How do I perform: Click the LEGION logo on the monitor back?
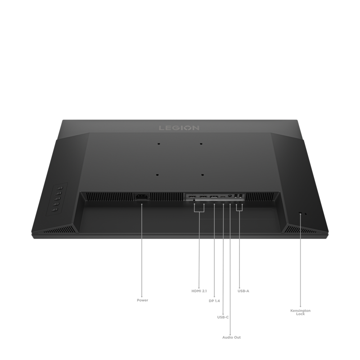pyautogui.click(x=179, y=128)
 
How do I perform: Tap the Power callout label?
pyautogui.click(x=142, y=300)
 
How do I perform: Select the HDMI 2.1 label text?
pyautogui.click(x=199, y=291)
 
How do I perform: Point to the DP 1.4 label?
pyautogui.click(x=214, y=301)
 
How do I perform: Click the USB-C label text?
pyautogui.click(x=223, y=317)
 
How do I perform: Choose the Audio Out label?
pyautogui.click(x=231, y=337)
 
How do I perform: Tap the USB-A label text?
pyautogui.click(x=243, y=291)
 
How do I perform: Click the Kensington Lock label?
pyautogui.click(x=300, y=312)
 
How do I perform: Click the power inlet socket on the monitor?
pyautogui.click(x=142, y=197)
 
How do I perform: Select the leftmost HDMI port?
pyautogui.click(x=192, y=197)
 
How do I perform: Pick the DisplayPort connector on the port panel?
pyautogui.click(x=214, y=197)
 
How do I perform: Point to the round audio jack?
pyautogui.click(x=229, y=196)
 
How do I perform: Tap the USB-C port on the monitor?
pyautogui.click(x=223, y=197)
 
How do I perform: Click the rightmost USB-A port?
pyautogui.click(x=241, y=196)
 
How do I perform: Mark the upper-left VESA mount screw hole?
pyautogui.click(x=158, y=144)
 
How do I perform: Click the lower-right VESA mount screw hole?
pyautogui.click(x=202, y=175)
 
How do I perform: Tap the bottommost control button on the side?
pyautogui.click(x=55, y=210)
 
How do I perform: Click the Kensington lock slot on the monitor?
pyautogui.click(x=300, y=213)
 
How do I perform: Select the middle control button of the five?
pyautogui.click(x=58, y=198)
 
